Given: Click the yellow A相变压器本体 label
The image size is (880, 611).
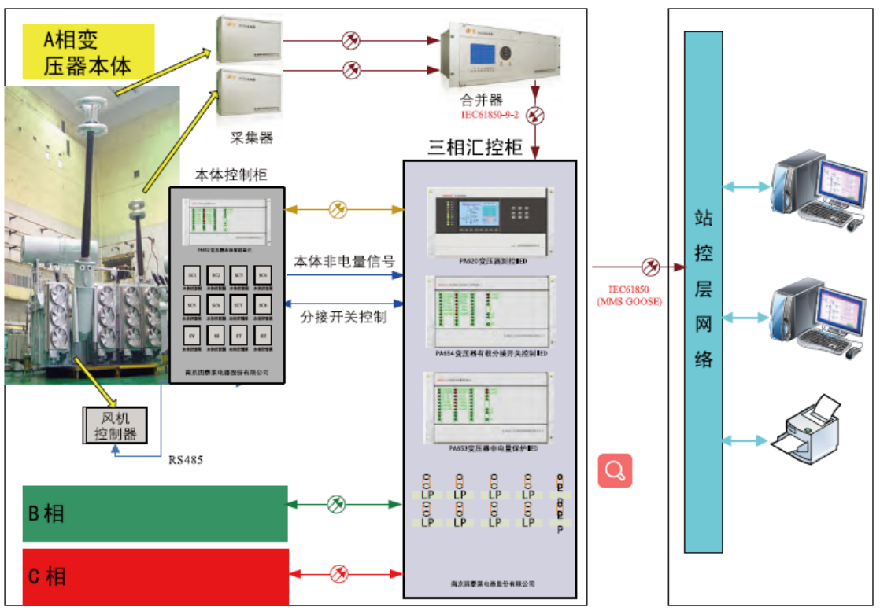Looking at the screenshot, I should (x=88, y=52).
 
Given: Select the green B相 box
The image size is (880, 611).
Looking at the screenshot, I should (x=154, y=513).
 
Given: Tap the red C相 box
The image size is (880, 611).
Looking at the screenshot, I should (x=154, y=576).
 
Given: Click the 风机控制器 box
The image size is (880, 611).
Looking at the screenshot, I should (x=115, y=425).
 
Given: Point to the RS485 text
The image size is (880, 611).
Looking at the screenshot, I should (x=186, y=459).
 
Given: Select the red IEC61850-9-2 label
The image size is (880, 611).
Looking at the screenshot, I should (x=490, y=115).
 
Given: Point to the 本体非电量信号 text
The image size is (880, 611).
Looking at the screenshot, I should (x=344, y=261).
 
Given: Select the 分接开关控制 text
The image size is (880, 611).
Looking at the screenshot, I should (x=344, y=318).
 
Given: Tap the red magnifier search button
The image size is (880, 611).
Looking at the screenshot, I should (x=615, y=470).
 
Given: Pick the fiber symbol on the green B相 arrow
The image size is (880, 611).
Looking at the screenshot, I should (x=336, y=503).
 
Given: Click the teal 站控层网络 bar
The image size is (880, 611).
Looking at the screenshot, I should (x=703, y=291).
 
